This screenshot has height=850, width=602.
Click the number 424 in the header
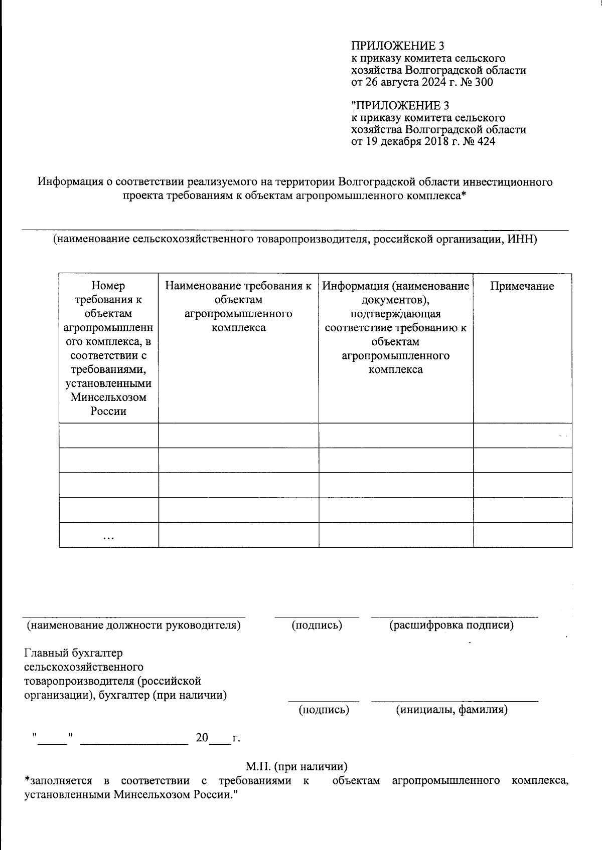[485, 142]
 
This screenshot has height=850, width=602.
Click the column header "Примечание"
[522, 286]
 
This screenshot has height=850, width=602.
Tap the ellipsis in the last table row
[108, 537]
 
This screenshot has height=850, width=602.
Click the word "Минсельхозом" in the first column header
[108, 397]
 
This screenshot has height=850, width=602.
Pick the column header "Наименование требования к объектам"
[238, 293]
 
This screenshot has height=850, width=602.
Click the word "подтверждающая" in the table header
[396, 314]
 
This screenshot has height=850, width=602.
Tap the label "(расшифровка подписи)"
[452, 625]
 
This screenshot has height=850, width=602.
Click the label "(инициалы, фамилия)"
[452, 710]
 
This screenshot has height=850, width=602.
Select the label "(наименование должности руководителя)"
[133, 625]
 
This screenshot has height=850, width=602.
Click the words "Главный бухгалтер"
[73, 653]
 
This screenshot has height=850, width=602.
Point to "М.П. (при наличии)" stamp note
[297, 766]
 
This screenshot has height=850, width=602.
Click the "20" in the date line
[202, 738]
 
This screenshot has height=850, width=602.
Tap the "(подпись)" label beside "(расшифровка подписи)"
[317, 625]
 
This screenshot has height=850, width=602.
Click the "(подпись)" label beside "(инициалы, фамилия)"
[324, 710]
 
